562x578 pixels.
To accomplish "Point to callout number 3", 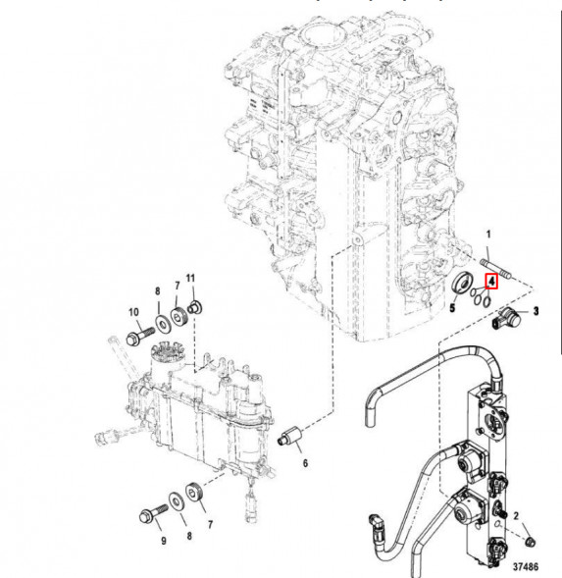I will (536, 310).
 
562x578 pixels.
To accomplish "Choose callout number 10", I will (132, 311).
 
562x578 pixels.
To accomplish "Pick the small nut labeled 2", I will (529, 543).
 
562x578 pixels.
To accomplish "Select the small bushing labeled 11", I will (195, 306).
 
